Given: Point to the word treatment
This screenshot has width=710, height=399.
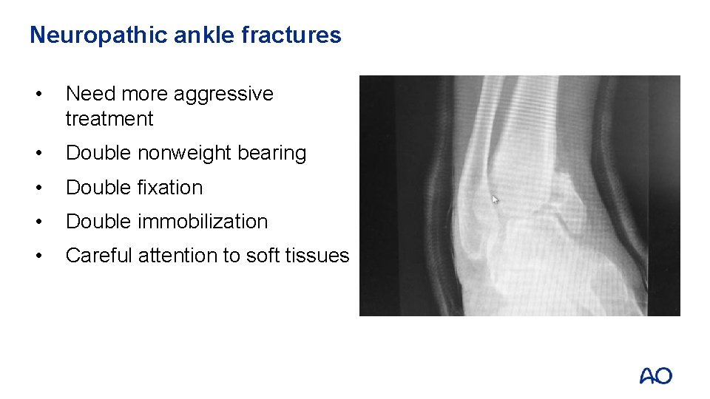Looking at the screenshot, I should [x=109, y=119].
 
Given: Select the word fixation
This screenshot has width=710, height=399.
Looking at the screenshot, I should [x=170, y=188].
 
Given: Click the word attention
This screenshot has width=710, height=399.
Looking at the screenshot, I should [x=178, y=256].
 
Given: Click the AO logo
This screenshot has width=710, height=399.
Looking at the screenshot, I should [x=656, y=376].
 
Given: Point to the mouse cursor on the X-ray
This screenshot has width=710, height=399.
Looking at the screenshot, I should [x=496, y=199].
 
